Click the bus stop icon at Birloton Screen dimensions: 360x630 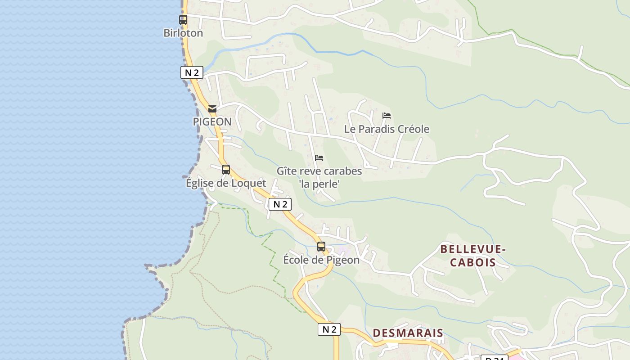183,20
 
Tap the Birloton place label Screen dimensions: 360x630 183,33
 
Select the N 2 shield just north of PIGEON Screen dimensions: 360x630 192,72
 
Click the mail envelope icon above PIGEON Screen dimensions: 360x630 212,109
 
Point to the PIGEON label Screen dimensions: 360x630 212,121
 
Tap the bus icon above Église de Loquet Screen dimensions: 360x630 226,170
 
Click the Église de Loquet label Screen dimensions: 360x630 226,183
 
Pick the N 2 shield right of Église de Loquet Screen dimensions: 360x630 280,204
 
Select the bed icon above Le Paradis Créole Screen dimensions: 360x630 387,116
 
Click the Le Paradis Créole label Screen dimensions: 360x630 387,129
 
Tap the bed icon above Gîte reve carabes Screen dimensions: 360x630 319,158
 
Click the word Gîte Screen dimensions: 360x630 286,171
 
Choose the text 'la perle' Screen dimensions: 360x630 319,184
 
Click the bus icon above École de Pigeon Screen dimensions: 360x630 321,247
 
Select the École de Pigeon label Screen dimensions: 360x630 321,260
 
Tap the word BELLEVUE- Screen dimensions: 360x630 473,249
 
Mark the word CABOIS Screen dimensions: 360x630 473,262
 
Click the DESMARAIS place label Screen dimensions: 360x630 408,333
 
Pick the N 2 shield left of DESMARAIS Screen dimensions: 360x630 329,329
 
